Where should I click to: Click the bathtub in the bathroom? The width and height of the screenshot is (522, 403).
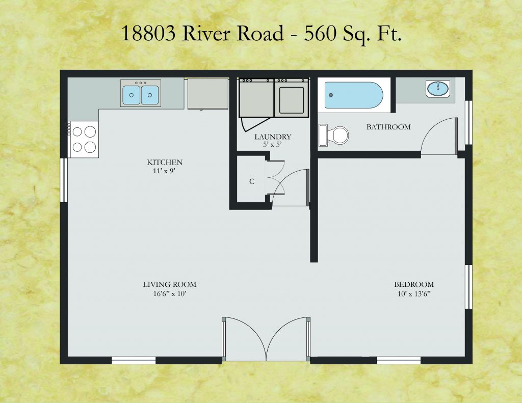[354, 95]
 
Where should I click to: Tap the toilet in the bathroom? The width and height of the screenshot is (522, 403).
[334, 135]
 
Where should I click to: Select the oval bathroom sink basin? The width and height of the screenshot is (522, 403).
[438, 89]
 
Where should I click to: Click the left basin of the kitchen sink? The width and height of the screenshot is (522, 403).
[132, 95]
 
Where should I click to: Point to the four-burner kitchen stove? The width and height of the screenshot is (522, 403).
[85, 139]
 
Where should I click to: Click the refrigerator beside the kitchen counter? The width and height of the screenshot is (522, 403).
[208, 94]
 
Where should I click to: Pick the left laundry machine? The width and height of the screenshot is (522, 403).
[256, 97]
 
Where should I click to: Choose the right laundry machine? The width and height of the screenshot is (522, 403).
[291, 97]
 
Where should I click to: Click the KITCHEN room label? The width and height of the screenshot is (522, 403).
[165, 163]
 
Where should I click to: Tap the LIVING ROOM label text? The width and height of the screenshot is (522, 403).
[169, 284]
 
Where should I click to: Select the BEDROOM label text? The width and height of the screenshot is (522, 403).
[414, 284]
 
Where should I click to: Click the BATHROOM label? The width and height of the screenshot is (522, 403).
[388, 127]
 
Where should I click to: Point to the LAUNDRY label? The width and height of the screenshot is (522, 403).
[273, 137]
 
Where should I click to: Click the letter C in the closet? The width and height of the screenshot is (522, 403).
[252, 181]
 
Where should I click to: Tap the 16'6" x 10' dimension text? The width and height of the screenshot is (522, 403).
[169, 294]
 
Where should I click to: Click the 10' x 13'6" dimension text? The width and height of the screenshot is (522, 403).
[414, 294]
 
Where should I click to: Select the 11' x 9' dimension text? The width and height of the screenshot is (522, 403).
[165, 171]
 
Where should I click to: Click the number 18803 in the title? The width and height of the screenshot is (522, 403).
[148, 33]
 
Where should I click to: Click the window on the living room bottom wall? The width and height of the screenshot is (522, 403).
[134, 360]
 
